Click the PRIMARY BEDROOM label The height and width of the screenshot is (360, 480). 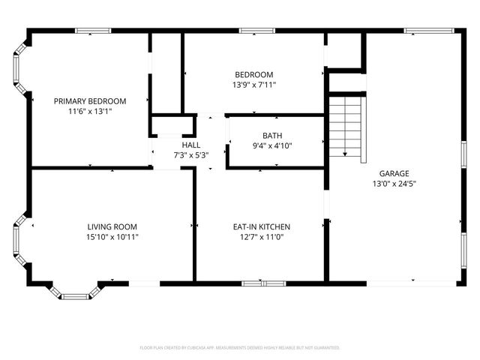click(x=89, y=100)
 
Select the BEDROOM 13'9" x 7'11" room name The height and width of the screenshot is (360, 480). click(x=253, y=74)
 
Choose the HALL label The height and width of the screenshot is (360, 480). click(x=190, y=145)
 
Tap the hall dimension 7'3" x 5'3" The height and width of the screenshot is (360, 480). click(x=190, y=154)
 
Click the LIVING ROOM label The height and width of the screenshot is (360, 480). click(x=112, y=226)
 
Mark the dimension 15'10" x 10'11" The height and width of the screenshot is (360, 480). click(x=112, y=236)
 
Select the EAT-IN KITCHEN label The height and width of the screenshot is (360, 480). click(x=261, y=226)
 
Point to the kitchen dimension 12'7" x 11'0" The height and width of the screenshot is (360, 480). click(x=261, y=236)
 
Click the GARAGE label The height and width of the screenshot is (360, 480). click(x=394, y=173)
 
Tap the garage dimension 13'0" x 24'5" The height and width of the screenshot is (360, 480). click(x=394, y=183)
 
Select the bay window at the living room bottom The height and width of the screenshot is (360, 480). click(x=76, y=291)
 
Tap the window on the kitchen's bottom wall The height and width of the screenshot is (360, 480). click(x=263, y=283)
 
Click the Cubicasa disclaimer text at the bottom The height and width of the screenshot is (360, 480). click(x=240, y=348)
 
